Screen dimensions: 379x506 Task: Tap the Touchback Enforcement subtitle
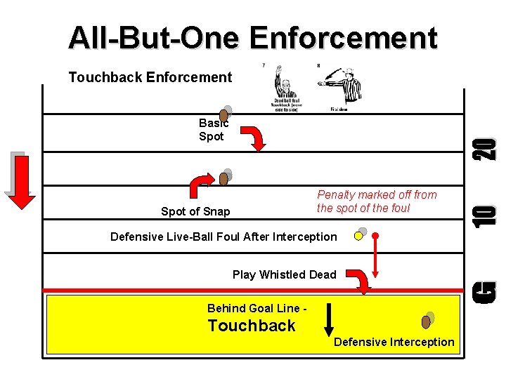pyautogui.click(x=150, y=77)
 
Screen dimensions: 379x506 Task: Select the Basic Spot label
pyautogui.click(x=212, y=130)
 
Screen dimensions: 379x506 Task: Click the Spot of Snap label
pyautogui.click(x=195, y=211)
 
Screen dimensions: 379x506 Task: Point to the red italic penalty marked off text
pyautogui.click(x=376, y=201)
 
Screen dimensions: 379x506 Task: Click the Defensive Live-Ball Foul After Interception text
pyautogui.click(x=223, y=237)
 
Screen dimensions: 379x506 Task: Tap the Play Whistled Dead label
pyautogui.click(x=284, y=274)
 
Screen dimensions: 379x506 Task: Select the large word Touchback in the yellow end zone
pyautogui.click(x=252, y=326)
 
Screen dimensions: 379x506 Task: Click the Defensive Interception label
pyautogui.click(x=394, y=342)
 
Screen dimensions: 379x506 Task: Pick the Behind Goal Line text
pyautogui.click(x=257, y=308)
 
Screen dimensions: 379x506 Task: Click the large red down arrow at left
pyautogui.click(x=21, y=181)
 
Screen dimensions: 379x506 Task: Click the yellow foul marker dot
pyautogui.click(x=358, y=236)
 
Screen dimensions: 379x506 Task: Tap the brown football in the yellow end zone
pyautogui.click(x=426, y=321)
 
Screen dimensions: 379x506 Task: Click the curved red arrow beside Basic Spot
pyautogui.click(x=256, y=138)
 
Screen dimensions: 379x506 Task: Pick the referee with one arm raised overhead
pyautogui.click(x=284, y=88)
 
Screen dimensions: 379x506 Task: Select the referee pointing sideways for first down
pyautogui.click(x=342, y=88)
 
